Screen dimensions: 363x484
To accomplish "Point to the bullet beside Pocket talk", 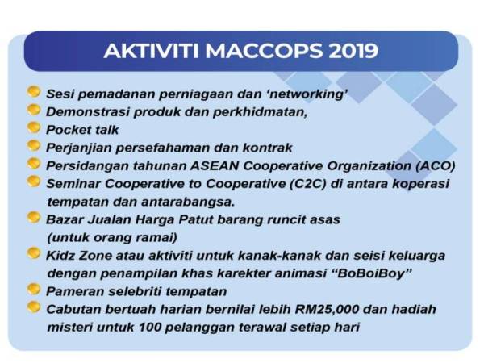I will pos(33,127).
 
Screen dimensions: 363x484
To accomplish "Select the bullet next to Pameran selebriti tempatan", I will pos(33,288).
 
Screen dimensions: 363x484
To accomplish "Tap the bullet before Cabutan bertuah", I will pos(33,307).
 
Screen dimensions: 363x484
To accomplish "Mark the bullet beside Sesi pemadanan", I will pos(33,92).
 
